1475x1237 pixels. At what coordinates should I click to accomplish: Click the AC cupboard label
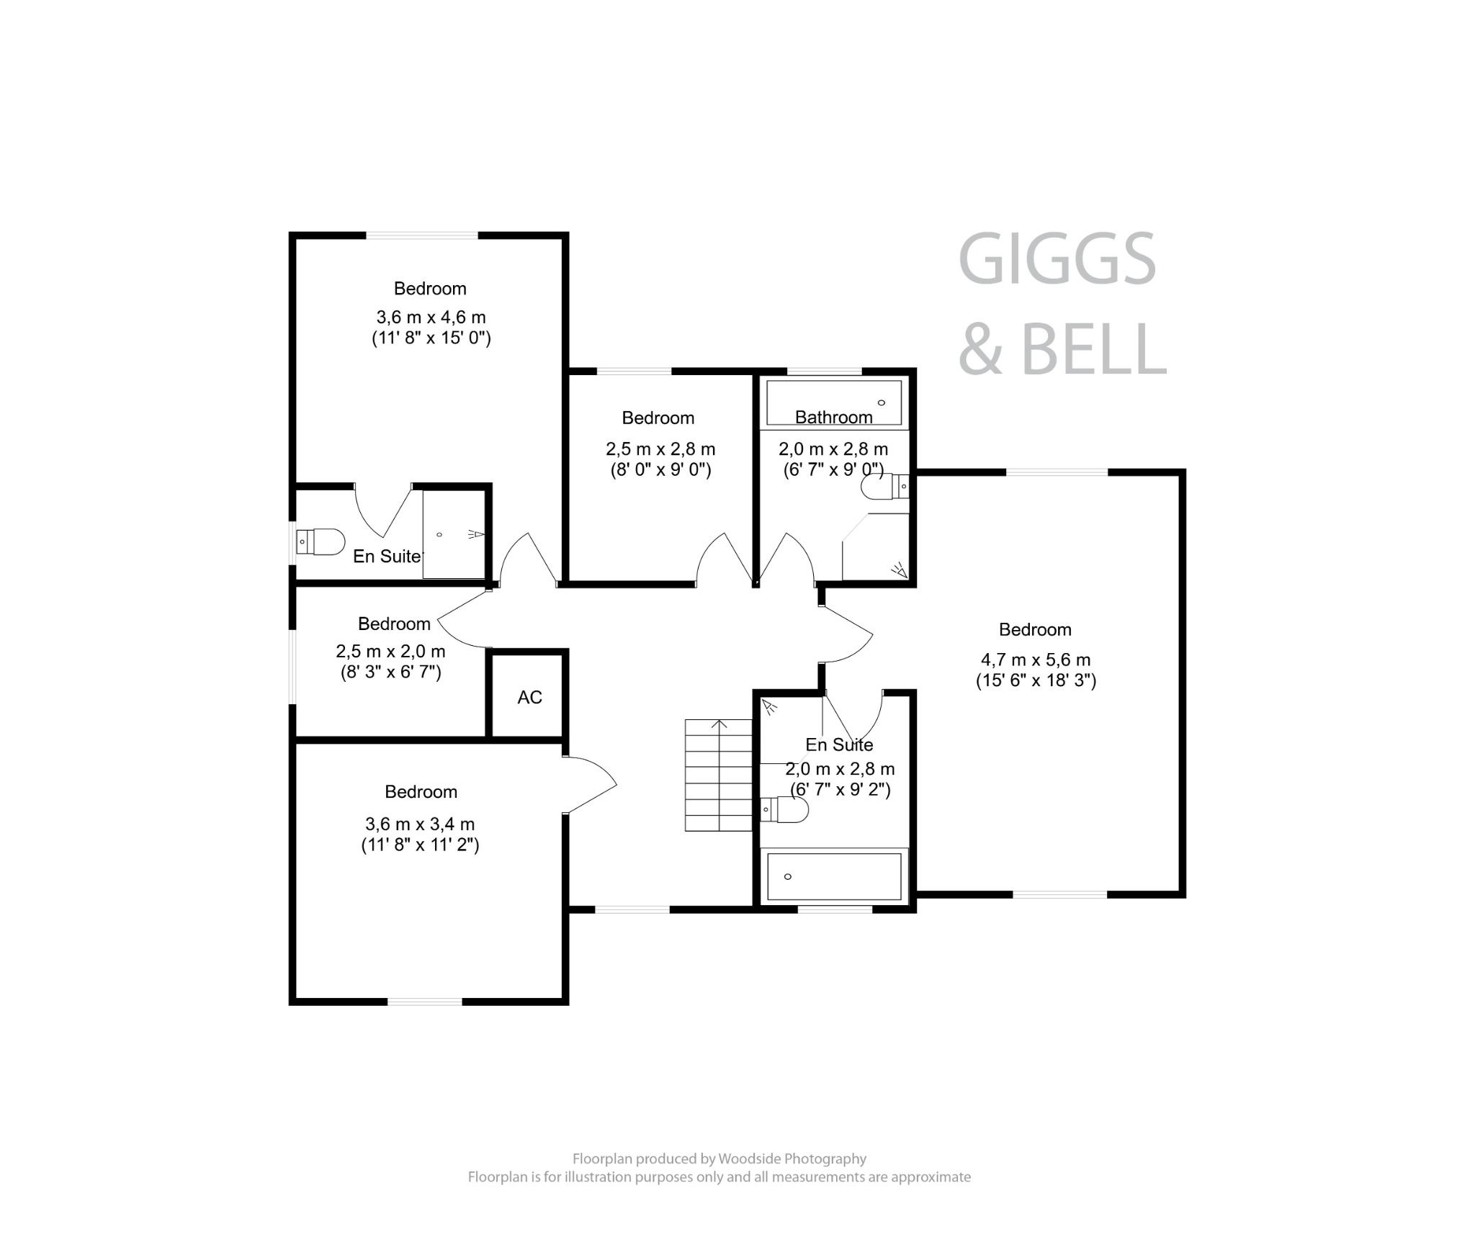(x=529, y=697)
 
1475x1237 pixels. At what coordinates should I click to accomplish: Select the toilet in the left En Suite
(x=321, y=541)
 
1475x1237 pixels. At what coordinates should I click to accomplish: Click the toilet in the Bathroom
(x=884, y=487)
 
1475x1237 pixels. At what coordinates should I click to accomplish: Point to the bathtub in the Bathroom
(x=833, y=402)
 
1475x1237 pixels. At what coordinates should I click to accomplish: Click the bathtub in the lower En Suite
(x=834, y=876)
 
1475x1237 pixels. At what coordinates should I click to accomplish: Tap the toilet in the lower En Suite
(x=784, y=809)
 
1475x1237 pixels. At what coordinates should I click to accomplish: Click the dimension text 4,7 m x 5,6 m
(x=1035, y=660)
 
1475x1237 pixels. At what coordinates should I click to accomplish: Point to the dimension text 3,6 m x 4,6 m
(x=431, y=318)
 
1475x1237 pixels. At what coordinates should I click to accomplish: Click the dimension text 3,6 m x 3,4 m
(x=420, y=824)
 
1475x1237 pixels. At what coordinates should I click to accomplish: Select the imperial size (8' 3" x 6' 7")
(x=390, y=673)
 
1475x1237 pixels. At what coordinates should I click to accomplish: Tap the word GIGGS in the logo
(x=1057, y=259)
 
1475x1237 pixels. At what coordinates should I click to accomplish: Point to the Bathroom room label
(x=833, y=418)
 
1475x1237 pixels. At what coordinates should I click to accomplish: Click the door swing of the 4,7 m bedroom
(x=848, y=634)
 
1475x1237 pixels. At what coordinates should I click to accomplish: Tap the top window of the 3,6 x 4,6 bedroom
(x=421, y=235)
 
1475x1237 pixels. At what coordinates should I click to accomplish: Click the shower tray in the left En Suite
(x=454, y=534)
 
